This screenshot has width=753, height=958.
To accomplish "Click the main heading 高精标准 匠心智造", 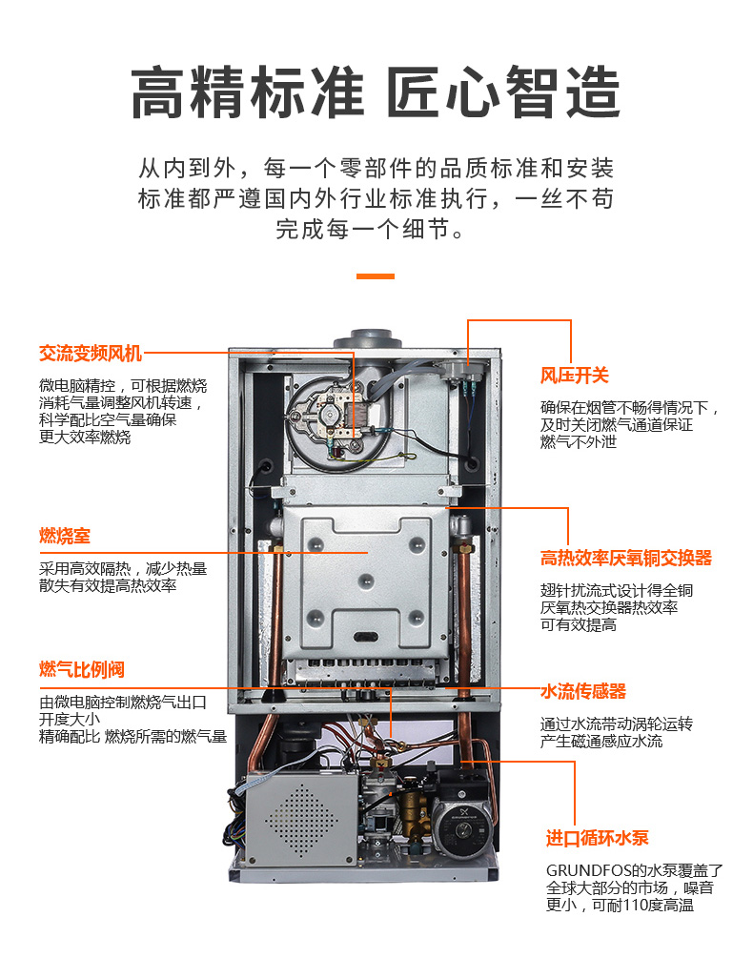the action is (376, 92).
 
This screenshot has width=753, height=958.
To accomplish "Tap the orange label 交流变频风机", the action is (91, 353).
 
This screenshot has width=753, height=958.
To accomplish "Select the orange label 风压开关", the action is (574, 376).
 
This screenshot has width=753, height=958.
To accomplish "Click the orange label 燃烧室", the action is (65, 536).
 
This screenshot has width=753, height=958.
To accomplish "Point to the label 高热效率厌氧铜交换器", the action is (626, 558).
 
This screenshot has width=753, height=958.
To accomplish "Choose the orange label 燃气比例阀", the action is (82, 669).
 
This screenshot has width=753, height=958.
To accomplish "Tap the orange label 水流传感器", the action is (583, 691).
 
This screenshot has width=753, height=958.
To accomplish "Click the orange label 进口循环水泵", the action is (598, 838).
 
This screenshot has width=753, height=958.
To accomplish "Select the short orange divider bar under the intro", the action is (376, 276).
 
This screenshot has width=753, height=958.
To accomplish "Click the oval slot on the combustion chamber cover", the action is (366, 638).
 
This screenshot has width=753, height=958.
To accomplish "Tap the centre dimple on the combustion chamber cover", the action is (366, 581).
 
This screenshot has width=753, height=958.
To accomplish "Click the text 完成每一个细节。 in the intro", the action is (370, 229).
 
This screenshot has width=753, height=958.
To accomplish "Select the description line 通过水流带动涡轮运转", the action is (616, 724).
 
